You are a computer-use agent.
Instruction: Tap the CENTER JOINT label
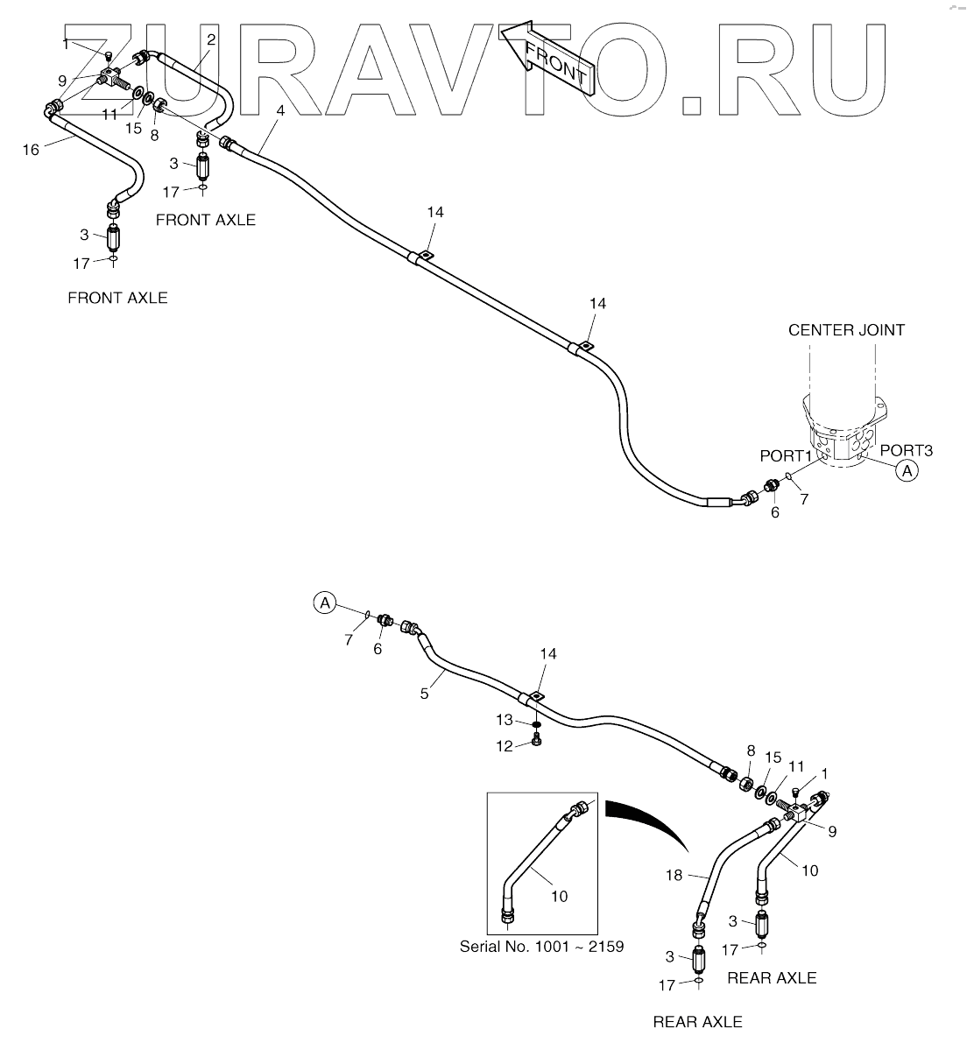pos(846,330)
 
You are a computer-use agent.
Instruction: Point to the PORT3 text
pos(907,450)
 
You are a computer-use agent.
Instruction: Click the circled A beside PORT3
pos(907,471)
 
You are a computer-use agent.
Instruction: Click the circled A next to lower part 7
pos(325,603)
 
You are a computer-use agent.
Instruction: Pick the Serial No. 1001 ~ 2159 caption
pos(542,947)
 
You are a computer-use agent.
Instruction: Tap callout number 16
pos(31,150)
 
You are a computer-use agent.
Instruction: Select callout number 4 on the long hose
pos(280,110)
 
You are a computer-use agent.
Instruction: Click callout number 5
pos(424,693)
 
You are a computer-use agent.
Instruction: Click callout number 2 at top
pos(211,39)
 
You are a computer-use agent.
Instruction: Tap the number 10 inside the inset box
pos(560,895)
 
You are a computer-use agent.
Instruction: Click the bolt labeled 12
pos(536,743)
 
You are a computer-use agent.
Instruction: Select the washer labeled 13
pos(536,723)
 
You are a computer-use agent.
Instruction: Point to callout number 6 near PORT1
pos(774,513)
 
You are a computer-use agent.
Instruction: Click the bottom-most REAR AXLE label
pos(697,1021)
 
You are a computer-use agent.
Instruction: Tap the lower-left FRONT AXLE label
pos(117,298)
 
